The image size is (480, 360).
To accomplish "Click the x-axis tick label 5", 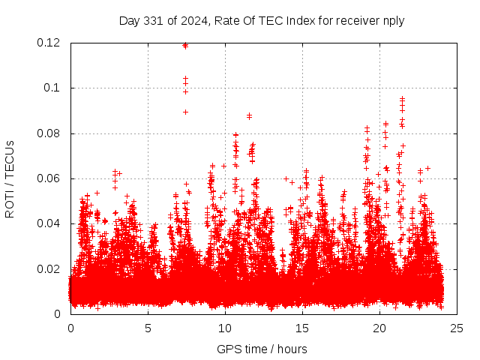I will click(x=148, y=328).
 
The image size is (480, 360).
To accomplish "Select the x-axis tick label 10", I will click(x=225, y=328).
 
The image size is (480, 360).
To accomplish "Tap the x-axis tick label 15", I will click(x=302, y=328).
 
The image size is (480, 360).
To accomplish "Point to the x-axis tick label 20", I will click(x=379, y=328).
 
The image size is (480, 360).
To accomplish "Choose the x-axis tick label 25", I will click(x=457, y=328).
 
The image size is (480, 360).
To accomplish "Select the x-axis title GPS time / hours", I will click(x=262, y=349).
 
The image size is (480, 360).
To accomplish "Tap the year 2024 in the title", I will click(x=192, y=20).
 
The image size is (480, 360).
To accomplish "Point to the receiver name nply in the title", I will click(x=393, y=20).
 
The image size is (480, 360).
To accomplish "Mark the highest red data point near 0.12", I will click(x=185, y=45).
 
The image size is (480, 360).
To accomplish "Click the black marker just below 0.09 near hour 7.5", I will click(x=185, y=112).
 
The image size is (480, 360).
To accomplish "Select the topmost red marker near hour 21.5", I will click(x=402, y=98).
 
